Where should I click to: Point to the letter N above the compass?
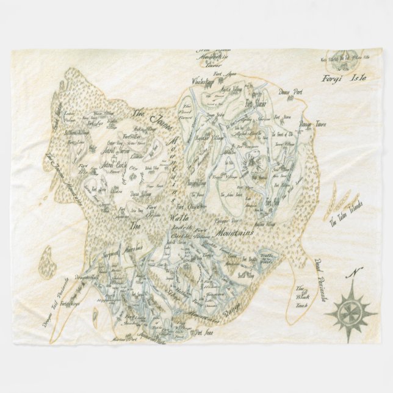(x=355, y=273)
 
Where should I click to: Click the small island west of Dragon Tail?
(x=45, y=261)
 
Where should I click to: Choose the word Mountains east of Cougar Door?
(x=233, y=233)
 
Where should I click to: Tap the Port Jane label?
(x=204, y=333)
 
